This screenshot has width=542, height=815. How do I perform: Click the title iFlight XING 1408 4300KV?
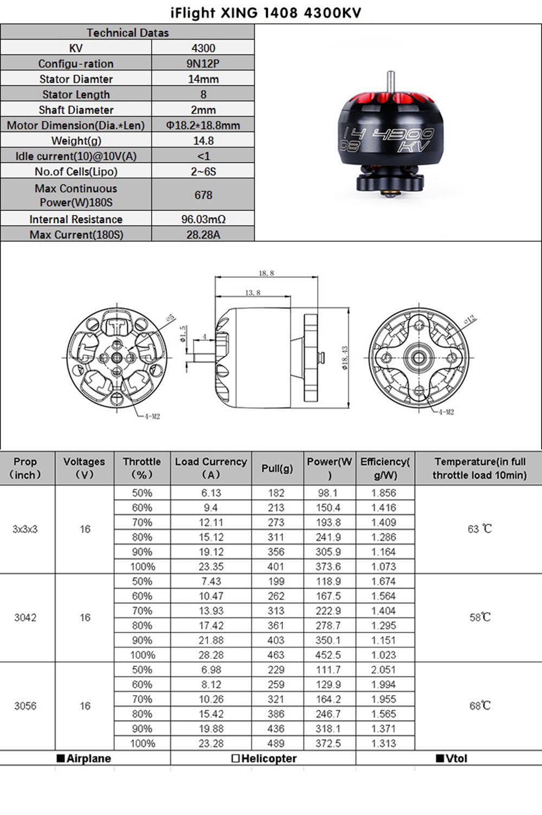266,12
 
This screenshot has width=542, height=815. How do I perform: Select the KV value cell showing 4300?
203,48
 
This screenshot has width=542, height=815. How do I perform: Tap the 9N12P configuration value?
203,63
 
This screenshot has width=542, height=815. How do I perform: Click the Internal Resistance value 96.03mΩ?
203,219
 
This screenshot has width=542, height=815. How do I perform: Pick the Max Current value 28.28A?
203,235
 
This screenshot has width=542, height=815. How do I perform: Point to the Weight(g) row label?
76,141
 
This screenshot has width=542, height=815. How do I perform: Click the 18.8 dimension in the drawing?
266,273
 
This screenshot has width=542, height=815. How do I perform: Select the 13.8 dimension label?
253,293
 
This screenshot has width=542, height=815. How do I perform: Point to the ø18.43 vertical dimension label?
345,358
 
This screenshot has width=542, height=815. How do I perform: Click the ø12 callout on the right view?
470,319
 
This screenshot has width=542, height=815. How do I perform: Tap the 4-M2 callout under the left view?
152,416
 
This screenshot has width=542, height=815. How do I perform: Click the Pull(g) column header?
277,468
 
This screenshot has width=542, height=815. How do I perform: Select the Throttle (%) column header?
142,468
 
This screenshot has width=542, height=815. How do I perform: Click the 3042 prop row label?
25,618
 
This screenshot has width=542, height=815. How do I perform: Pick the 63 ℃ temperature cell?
480,529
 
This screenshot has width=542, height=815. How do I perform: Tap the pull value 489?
276,743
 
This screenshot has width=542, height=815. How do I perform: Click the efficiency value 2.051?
384,670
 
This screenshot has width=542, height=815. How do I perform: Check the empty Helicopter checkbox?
235,759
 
